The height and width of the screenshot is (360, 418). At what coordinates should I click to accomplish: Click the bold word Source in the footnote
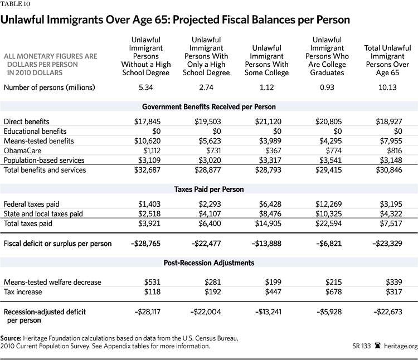14,338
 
